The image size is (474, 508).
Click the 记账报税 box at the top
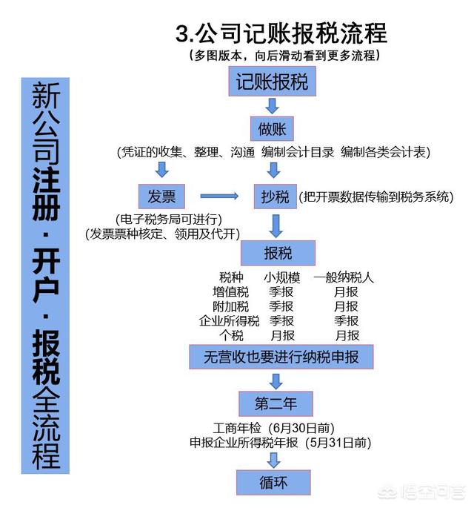pos(272,82)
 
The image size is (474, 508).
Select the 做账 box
pos(272,128)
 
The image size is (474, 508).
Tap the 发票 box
pos(161,197)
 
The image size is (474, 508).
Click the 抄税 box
pos(276,197)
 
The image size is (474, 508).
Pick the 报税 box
pos(278,253)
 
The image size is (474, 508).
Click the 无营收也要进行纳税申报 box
pos(281,357)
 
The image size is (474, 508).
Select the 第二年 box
pos(276,403)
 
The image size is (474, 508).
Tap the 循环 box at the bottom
pos(273,482)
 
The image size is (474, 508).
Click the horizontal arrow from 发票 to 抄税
pos(219,196)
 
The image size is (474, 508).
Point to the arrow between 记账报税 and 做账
pos(272,106)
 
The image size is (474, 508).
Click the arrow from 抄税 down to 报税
pos(276,225)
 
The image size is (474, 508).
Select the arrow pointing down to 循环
pos(274,460)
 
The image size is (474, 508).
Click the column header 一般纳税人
pos(344,277)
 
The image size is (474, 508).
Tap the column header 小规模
pos(282,277)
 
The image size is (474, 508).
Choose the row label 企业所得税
pos(230,320)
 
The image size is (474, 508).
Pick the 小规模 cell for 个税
pos(282,335)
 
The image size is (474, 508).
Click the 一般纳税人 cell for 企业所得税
pos(346,320)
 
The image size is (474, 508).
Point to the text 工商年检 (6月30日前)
pos(273,428)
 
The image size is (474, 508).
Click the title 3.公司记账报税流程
pos(281,33)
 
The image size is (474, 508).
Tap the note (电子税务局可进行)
pos(169,220)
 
